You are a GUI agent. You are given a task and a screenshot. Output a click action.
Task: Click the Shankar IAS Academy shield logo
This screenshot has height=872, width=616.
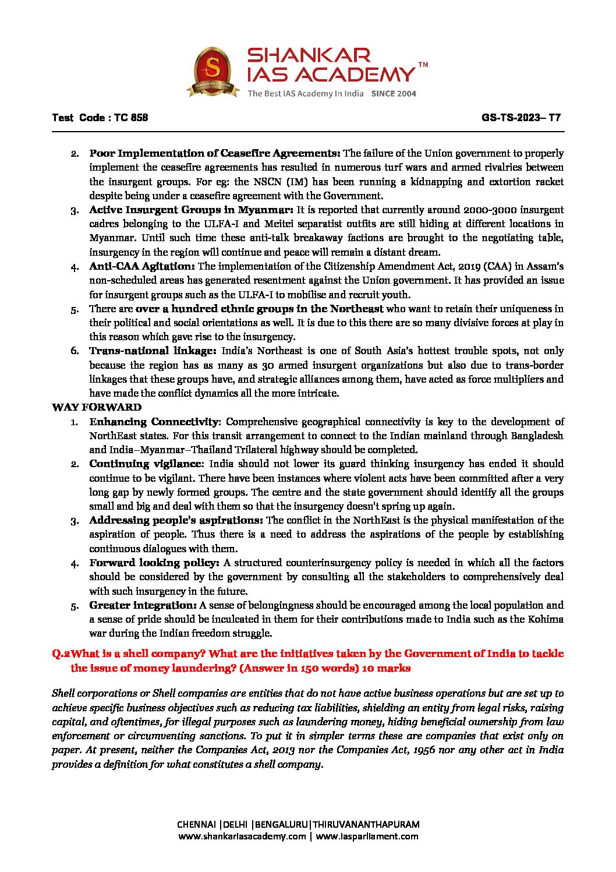[x=213, y=72]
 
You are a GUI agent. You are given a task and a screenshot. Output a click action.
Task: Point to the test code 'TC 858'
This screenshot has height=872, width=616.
[x=131, y=118]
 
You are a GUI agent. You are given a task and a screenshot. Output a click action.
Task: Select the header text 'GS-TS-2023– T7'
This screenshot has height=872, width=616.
[x=521, y=118]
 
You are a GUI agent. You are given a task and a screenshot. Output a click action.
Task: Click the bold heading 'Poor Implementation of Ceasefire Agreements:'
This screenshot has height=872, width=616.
[x=214, y=153]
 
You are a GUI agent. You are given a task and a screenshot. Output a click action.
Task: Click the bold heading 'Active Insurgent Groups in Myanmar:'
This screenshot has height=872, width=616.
[x=191, y=210]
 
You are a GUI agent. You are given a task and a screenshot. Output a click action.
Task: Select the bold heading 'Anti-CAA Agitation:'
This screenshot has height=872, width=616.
[x=142, y=266]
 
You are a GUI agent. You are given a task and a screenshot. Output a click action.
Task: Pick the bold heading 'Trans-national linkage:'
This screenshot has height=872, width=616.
[x=153, y=351]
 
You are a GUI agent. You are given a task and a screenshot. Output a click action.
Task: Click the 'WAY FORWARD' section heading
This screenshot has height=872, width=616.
[x=97, y=407]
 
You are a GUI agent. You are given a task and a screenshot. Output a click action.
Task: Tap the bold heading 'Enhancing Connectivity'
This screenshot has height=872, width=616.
[x=154, y=422]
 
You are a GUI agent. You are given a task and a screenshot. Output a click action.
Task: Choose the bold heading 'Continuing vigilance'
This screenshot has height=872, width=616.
[x=144, y=464]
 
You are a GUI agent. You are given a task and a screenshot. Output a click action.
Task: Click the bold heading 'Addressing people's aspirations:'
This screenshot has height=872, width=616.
[x=176, y=520]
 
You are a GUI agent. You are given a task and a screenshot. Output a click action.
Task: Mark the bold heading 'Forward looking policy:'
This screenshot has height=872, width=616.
[x=154, y=563]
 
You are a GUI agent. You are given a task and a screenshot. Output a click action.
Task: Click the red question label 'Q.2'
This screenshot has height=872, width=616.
[x=61, y=654]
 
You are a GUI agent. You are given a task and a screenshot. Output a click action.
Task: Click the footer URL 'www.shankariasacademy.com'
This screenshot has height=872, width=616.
[x=242, y=836]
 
